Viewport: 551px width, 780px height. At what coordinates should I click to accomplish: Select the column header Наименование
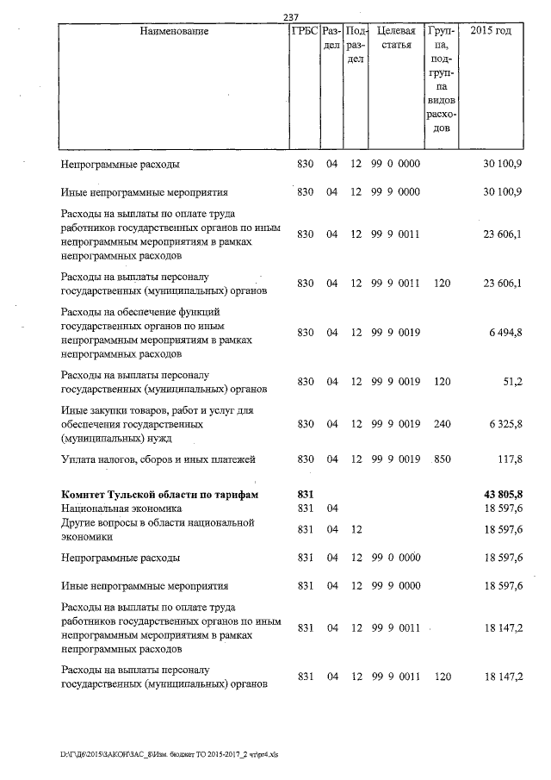[x=175, y=32]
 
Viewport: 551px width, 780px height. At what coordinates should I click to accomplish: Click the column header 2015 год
[x=491, y=32]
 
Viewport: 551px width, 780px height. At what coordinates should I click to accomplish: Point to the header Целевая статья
[x=396, y=39]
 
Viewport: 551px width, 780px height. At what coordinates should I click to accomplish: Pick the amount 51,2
[x=512, y=381]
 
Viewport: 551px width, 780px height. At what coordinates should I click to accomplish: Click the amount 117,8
[x=509, y=459]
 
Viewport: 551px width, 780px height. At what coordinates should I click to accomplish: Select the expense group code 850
[x=442, y=459]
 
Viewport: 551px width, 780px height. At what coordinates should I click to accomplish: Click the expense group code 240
[x=442, y=423]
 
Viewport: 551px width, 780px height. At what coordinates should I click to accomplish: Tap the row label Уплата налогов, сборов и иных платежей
[x=158, y=459]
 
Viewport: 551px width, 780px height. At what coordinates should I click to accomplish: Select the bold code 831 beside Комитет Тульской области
[x=305, y=494]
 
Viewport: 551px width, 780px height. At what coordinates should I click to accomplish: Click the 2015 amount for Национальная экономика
[x=504, y=509]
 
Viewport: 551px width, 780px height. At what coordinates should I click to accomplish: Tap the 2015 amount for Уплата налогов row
[x=509, y=459]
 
